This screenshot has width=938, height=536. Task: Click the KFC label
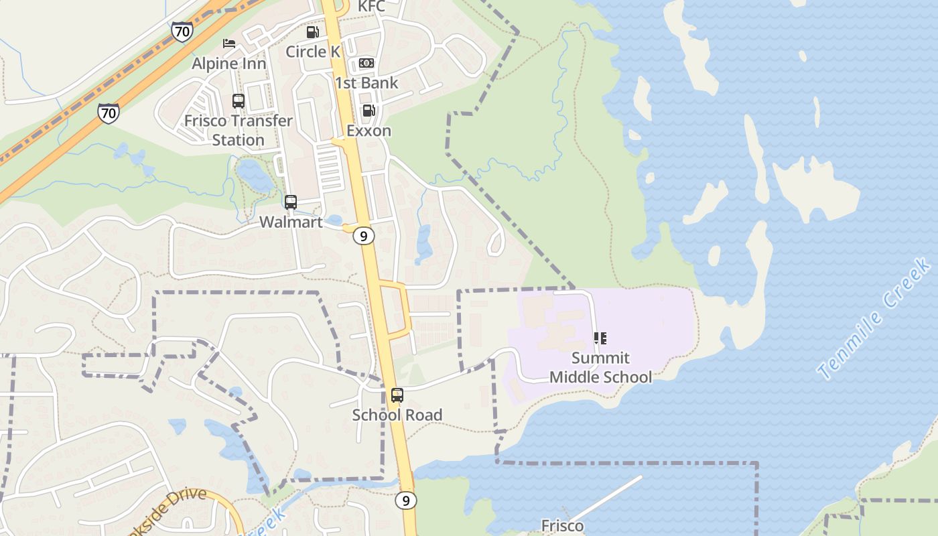pyautogui.click(x=372, y=7)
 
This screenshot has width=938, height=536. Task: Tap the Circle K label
pyautogui.click(x=313, y=52)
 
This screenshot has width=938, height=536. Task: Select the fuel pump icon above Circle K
pyautogui.click(x=312, y=32)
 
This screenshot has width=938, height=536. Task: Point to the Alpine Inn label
pyautogui.click(x=229, y=64)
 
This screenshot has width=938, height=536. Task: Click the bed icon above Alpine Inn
pyautogui.click(x=229, y=44)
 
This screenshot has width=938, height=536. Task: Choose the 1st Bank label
pyautogui.click(x=366, y=83)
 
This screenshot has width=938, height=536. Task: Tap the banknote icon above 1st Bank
pyautogui.click(x=366, y=63)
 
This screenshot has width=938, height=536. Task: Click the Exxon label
pyautogui.click(x=368, y=131)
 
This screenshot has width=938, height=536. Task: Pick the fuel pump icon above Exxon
pyautogui.click(x=368, y=111)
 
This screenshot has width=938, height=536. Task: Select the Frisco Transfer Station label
pyautogui.click(x=239, y=131)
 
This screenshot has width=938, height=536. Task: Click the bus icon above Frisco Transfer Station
pyautogui.click(x=239, y=101)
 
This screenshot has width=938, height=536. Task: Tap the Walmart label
pyautogui.click(x=291, y=222)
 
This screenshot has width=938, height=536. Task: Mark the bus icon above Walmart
pyautogui.click(x=291, y=202)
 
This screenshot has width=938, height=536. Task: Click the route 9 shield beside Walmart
pyautogui.click(x=364, y=236)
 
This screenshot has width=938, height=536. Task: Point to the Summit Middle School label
pyautogui.click(x=600, y=368)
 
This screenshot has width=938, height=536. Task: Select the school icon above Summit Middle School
pyautogui.click(x=600, y=338)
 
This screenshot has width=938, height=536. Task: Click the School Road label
pyautogui.click(x=397, y=415)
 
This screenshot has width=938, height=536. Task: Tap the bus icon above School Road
pyautogui.click(x=397, y=395)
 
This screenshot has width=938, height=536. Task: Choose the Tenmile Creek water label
pyautogui.click(x=874, y=318)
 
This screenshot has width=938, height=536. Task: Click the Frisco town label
pyautogui.click(x=562, y=526)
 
